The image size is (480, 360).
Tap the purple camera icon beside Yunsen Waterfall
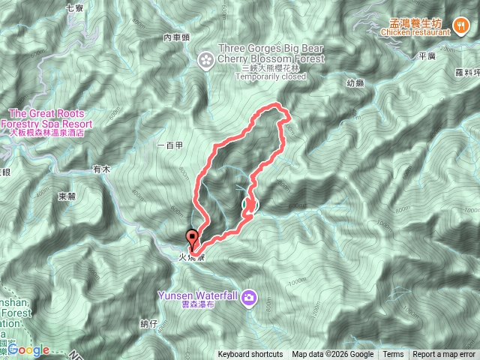(249, 298)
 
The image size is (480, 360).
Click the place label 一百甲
(171, 145)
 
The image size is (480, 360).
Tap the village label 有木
(101, 169)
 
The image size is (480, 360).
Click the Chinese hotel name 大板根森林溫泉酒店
(46, 132)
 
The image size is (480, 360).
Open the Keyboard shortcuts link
(250, 355)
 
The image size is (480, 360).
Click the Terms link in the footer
(393, 355)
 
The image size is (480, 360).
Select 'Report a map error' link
(445, 355)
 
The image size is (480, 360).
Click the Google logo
(28, 349)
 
